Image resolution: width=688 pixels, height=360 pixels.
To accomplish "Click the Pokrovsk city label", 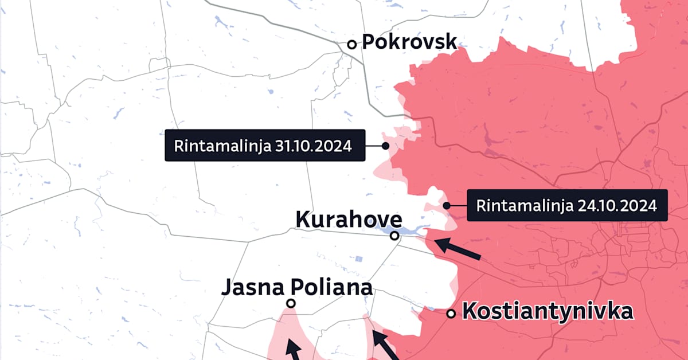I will point(409,42).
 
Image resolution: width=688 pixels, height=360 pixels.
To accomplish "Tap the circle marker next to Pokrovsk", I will point(351,44).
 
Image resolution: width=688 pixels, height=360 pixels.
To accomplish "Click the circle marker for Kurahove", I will point(394,235).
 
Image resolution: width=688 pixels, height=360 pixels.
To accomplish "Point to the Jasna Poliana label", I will point(296,286).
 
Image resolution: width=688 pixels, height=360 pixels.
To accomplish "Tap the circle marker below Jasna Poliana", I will point(291,303).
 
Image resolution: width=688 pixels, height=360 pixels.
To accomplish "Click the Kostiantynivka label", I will point(548,312).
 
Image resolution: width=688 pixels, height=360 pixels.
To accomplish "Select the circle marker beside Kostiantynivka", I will point(451,314).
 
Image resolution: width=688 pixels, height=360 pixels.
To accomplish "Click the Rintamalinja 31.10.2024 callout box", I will point(265,146).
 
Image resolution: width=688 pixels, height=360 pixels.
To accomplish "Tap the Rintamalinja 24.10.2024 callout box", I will point(568,205).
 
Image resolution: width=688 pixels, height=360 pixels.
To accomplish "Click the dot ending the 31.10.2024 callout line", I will point(385,146).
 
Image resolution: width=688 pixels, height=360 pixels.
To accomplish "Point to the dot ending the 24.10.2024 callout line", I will point(447,205).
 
